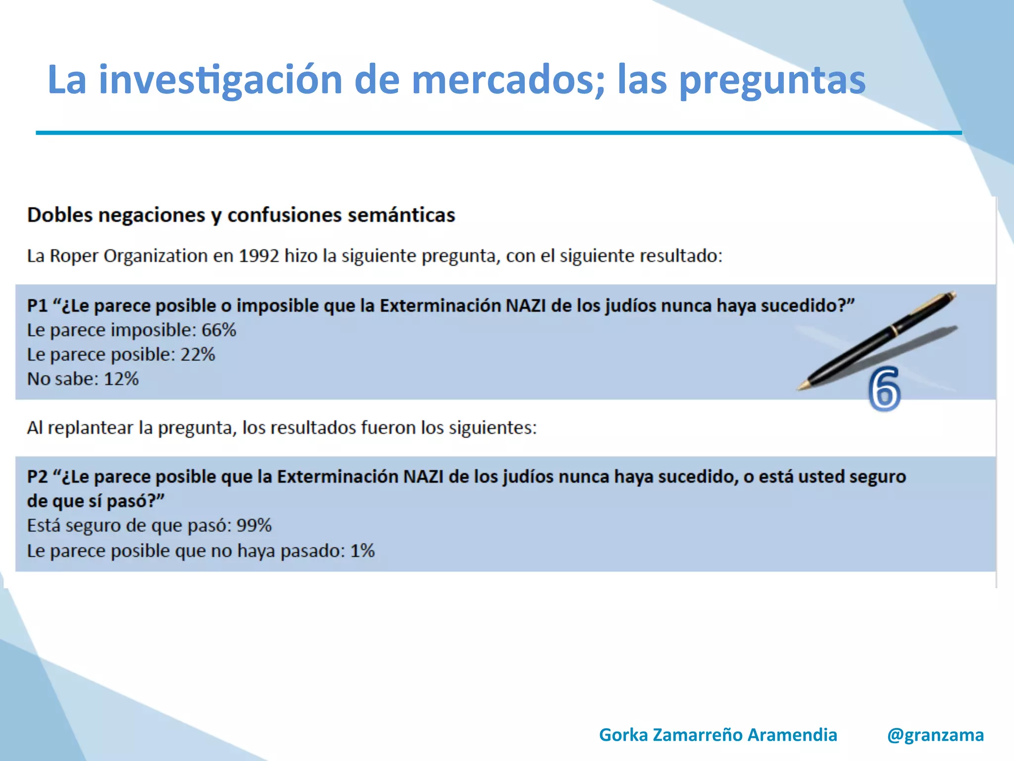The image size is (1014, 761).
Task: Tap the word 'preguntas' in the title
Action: [772, 80]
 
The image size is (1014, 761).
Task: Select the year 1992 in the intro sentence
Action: [259, 256]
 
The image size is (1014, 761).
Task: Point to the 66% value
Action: [219, 330]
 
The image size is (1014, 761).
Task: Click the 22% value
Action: [198, 355]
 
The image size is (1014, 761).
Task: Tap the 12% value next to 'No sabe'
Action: [121, 379]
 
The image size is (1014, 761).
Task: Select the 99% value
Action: [254, 526]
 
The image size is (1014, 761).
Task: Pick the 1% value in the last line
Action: [362, 551]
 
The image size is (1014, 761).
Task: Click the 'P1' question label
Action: [37, 306]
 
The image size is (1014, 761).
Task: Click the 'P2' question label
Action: [37, 477]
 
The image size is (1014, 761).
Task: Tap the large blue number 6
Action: [884, 390]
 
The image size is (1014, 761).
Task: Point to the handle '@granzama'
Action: [935, 735]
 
